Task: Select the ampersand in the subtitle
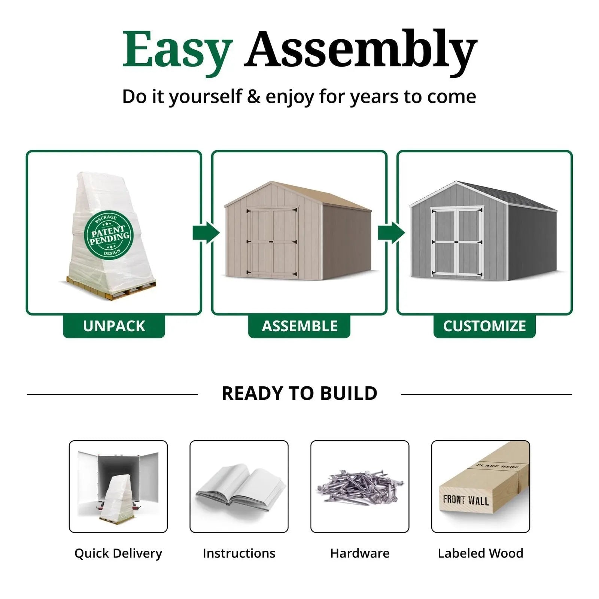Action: point(253,97)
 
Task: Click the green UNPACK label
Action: point(114,326)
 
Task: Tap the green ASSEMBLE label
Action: point(299,326)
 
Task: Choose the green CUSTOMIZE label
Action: point(484,326)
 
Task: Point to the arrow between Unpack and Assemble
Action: point(206,232)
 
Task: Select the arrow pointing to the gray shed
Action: point(392,232)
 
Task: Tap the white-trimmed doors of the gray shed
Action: point(457,242)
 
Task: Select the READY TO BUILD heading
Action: point(299,393)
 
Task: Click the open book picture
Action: point(240,487)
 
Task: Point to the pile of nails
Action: point(360,487)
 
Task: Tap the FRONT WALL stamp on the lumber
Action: point(466,500)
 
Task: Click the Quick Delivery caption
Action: point(118,553)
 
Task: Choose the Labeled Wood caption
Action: point(481,553)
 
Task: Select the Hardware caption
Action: point(360,553)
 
